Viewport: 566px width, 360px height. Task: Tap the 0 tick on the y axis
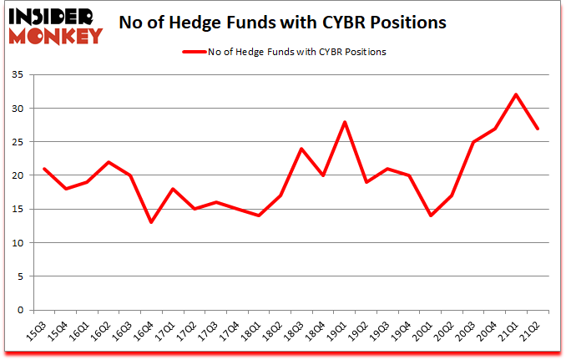tap(24, 311)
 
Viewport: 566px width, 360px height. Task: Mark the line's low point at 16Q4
tap(151, 222)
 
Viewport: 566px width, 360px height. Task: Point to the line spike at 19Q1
tap(345, 122)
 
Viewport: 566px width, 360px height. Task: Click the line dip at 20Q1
tap(432, 215)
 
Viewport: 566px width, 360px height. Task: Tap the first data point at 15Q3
tap(43, 169)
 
